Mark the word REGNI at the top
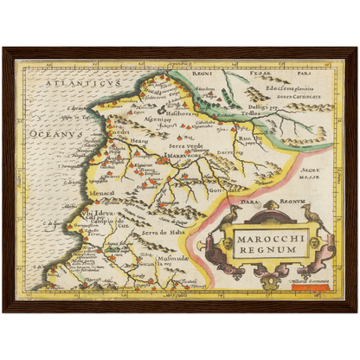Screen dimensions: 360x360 202,74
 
